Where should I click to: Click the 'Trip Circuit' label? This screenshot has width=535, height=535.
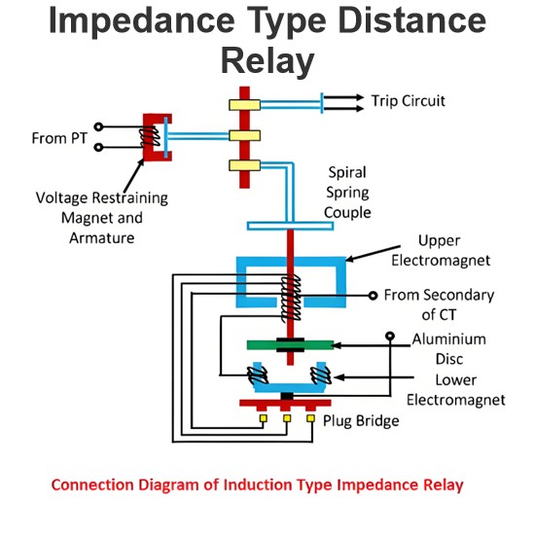[x=409, y=101]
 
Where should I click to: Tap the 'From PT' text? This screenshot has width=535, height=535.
[x=59, y=138]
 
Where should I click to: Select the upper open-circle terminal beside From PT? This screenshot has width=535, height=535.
[x=98, y=126]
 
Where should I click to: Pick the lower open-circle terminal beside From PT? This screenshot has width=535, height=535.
[x=98, y=148]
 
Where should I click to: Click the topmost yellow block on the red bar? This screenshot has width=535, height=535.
[x=244, y=105]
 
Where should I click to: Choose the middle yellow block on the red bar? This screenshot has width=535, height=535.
[x=244, y=135]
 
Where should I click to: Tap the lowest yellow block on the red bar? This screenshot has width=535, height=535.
[x=244, y=165]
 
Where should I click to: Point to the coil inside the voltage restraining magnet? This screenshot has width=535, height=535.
[x=150, y=137]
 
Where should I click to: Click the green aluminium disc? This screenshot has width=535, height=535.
[x=291, y=345]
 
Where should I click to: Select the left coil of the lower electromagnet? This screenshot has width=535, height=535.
[x=257, y=375]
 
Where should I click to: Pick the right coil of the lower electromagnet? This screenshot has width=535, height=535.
[x=321, y=375]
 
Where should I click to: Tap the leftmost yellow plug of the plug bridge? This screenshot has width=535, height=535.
[x=264, y=418]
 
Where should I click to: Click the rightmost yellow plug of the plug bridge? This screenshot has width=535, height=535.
[x=310, y=418]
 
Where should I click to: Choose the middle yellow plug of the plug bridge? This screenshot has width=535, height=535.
[x=287, y=418]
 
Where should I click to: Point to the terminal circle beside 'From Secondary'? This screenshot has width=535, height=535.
[x=373, y=296]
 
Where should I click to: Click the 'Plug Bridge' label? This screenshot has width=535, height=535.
[x=361, y=421]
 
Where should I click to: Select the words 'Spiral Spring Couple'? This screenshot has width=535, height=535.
[x=347, y=193]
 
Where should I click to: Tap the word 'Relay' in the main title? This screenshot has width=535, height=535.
[x=267, y=61]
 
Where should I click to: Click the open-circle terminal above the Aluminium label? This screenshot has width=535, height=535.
[x=390, y=337]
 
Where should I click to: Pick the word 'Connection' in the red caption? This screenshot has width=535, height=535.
[x=92, y=484]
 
